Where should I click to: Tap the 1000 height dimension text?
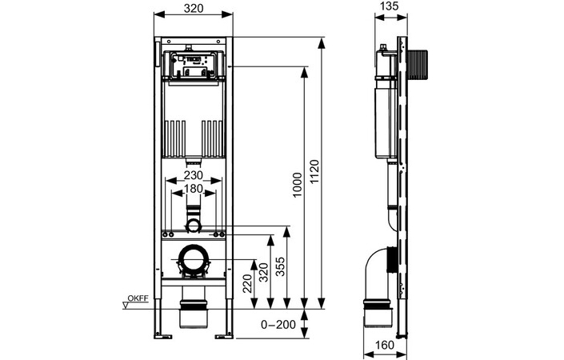[x=297, y=186]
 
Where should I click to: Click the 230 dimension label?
[x=192, y=175]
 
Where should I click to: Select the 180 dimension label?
[x=192, y=189]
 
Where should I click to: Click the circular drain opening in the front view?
[x=192, y=260]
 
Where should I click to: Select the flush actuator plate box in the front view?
[x=192, y=64]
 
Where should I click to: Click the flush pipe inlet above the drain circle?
[x=192, y=218]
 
